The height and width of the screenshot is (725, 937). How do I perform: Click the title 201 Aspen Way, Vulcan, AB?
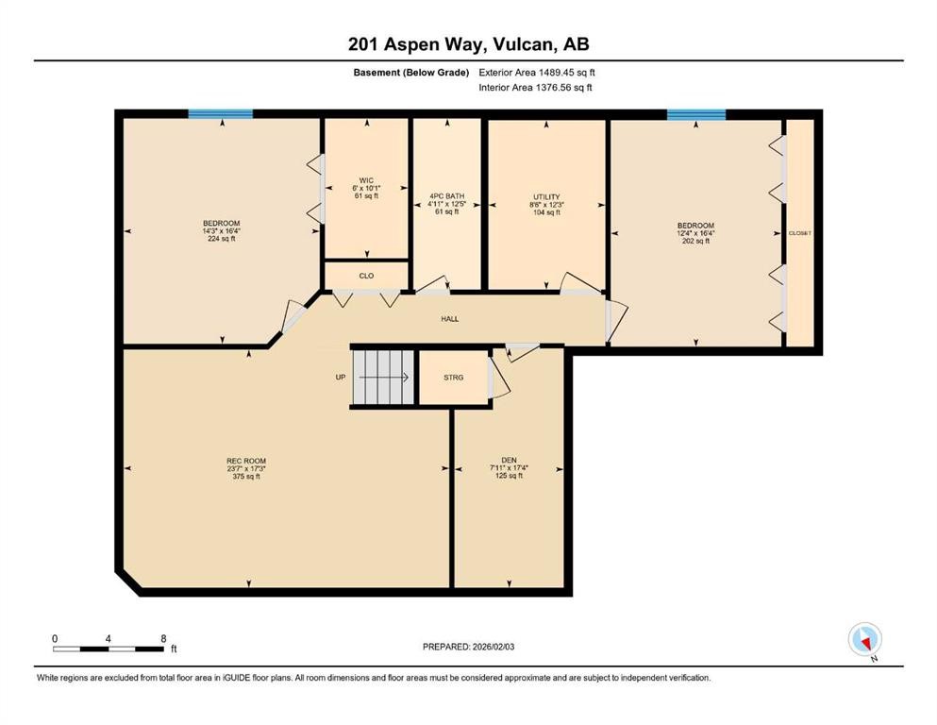pyautogui.click(x=468, y=44)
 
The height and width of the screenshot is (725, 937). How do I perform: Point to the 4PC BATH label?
pyautogui.click(x=447, y=196)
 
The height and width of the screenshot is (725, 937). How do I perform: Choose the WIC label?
pyautogui.click(x=366, y=179)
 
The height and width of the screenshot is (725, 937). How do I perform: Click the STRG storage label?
pyautogui.click(x=453, y=378)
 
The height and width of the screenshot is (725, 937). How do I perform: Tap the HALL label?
pyautogui.click(x=450, y=319)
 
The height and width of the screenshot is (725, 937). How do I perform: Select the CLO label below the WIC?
pyautogui.click(x=366, y=277)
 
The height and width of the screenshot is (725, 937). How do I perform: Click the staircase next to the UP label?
pyautogui.click(x=382, y=378)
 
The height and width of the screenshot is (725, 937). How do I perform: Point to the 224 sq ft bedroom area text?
pyautogui.click(x=221, y=239)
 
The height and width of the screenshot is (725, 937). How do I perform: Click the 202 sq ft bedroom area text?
pyautogui.click(x=695, y=241)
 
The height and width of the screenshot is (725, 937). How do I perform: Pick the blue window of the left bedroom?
pyautogui.click(x=221, y=114)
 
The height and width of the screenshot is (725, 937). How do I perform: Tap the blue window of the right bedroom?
pyautogui.click(x=696, y=115)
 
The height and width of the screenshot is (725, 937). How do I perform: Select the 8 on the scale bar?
pyautogui.click(x=164, y=638)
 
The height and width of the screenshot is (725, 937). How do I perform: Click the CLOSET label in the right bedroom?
pyautogui.click(x=800, y=232)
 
